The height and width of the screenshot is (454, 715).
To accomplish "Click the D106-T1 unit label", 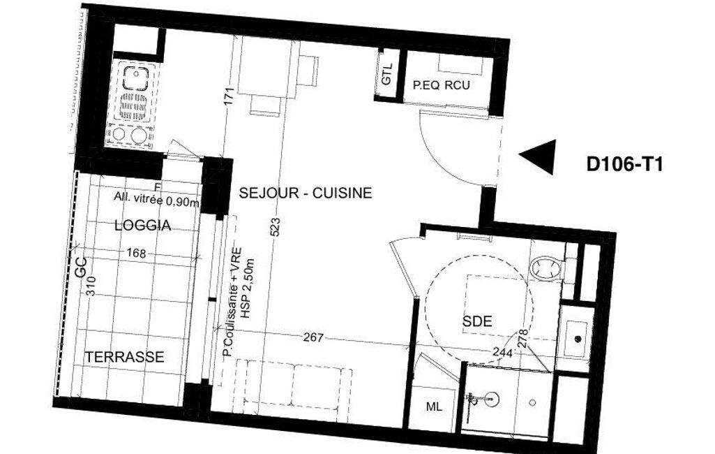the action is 624,164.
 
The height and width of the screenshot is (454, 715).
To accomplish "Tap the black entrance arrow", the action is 538,156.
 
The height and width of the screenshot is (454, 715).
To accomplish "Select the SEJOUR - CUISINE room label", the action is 306,193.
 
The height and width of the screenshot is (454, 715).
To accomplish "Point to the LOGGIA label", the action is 143,225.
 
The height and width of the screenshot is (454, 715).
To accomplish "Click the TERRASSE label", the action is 125,357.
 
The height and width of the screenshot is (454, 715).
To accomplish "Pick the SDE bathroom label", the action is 477,321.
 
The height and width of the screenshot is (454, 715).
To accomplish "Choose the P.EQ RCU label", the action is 441,85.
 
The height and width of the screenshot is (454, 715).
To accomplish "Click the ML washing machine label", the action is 434,407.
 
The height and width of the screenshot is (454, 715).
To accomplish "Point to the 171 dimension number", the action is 229,96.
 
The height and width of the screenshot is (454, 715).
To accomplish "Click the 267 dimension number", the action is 313,337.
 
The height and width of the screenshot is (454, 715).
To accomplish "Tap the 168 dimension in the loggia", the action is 136,253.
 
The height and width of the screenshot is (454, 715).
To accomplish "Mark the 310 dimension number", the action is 91,286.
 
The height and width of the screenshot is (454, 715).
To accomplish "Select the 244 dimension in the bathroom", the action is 502,353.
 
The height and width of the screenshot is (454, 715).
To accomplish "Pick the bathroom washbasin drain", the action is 578,339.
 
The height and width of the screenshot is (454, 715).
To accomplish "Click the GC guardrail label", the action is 81,268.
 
